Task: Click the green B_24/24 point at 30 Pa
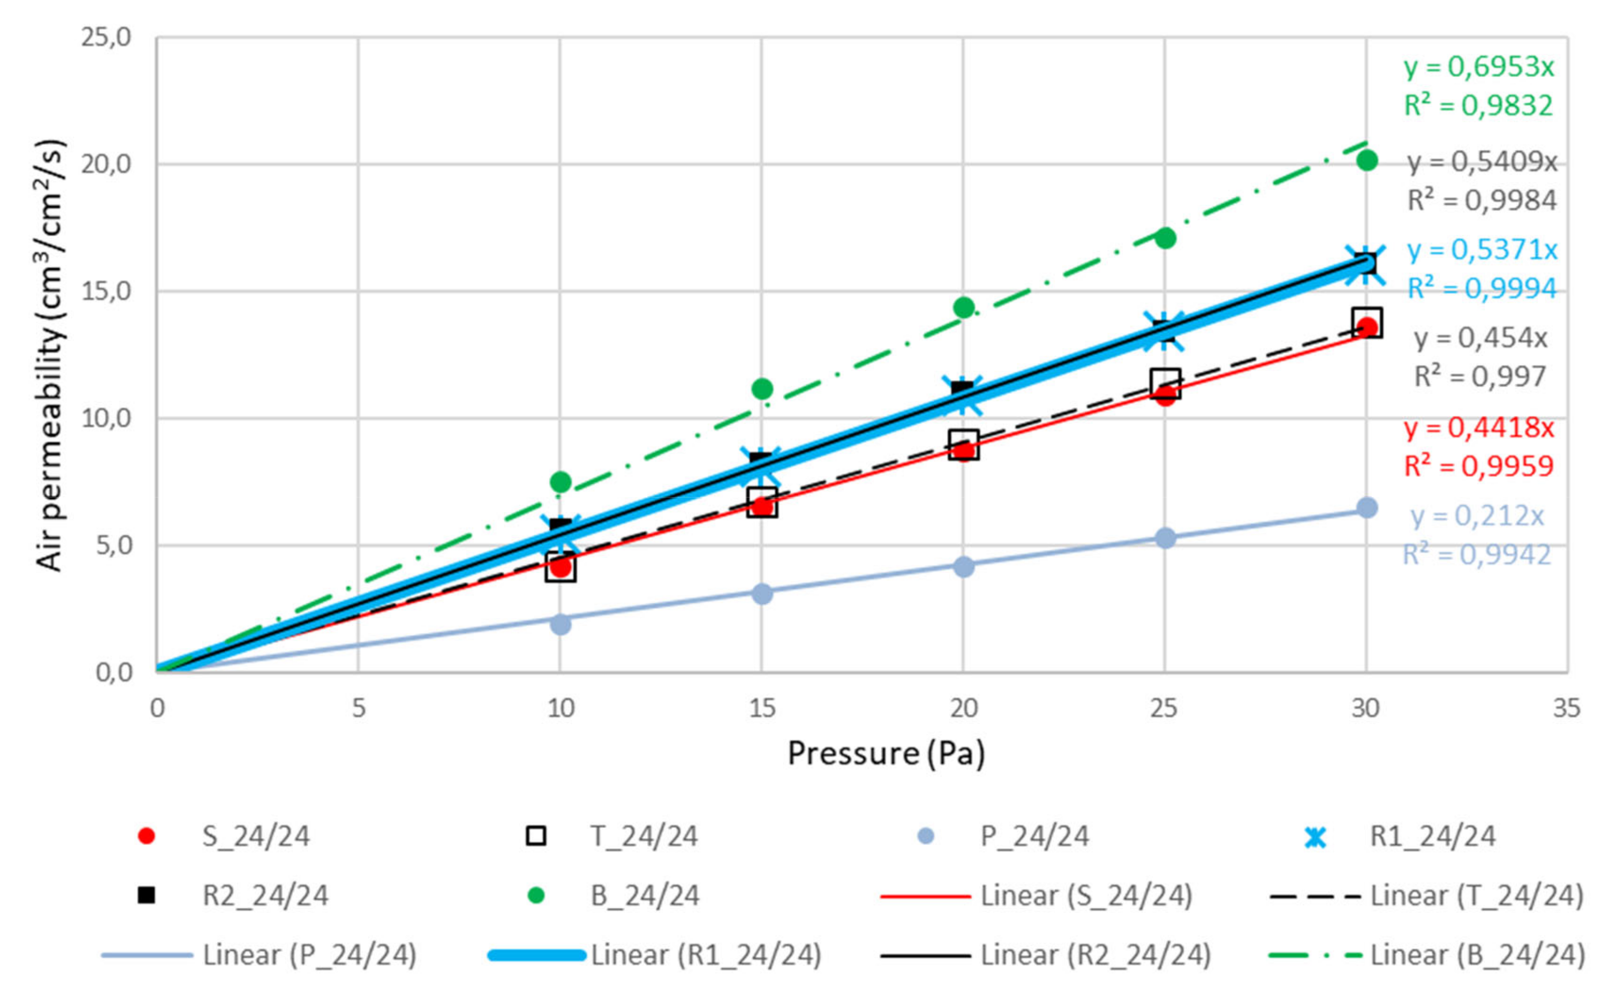coord(1366,160)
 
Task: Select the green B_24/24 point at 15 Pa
coord(762,389)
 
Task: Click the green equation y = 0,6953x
coord(1479,67)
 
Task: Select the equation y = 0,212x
coord(1477,516)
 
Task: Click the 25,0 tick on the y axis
coord(106,37)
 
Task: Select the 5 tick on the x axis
coord(358,709)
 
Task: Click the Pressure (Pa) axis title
coord(886,753)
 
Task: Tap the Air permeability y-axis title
coord(51,356)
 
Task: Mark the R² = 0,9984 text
coord(1482,200)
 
